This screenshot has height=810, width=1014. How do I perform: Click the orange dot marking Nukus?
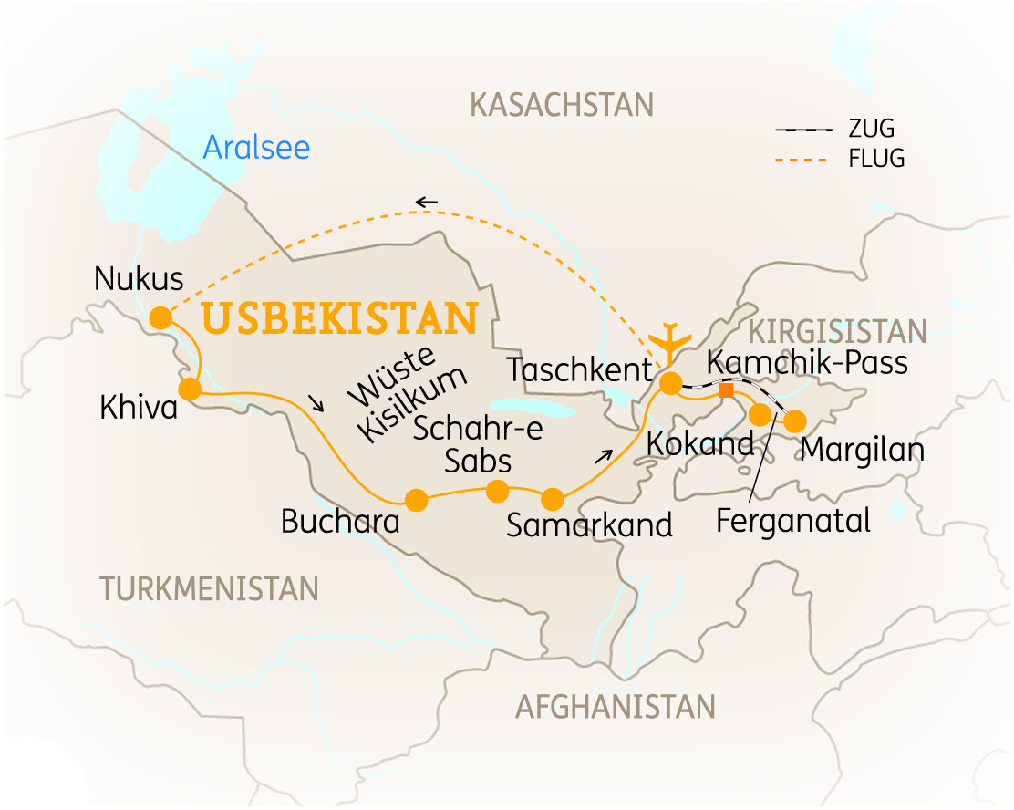pyautogui.click(x=160, y=317)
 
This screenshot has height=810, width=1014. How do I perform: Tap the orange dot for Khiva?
pyautogui.click(x=190, y=389)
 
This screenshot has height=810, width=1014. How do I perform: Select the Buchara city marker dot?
pyautogui.click(x=416, y=500)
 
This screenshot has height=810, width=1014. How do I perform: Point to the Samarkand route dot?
pyautogui.click(x=553, y=500)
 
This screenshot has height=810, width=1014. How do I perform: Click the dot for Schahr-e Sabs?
pyautogui.click(x=497, y=492)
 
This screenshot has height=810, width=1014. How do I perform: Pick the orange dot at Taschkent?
pyautogui.click(x=670, y=383)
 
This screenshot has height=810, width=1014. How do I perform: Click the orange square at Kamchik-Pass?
pyautogui.click(x=726, y=390)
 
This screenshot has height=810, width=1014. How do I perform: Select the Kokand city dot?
pyautogui.click(x=760, y=415)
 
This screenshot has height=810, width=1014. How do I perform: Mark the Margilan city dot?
pyautogui.click(x=794, y=421)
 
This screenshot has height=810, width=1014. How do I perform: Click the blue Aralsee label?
pyautogui.click(x=256, y=147)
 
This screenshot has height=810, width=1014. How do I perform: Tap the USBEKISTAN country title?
pyautogui.click(x=340, y=318)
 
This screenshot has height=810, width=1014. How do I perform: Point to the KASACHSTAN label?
pyautogui.click(x=562, y=105)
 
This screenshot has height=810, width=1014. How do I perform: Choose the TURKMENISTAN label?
pyautogui.click(x=210, y=588)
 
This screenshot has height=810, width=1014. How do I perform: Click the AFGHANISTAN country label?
pyautogui.click(x=615, y=706)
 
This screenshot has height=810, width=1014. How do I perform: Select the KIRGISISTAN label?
pyautogui.click(x=836, y=331)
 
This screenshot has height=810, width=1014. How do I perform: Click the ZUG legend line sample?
pyautogui.click(x=803, y=130)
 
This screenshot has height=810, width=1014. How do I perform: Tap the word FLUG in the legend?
pyautogui.click(x=875, y=159)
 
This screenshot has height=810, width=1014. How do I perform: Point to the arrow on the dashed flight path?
pyautogui.click(x=426, y=202)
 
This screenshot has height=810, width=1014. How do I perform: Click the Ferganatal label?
pyautogui.click(x=793, y=521)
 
